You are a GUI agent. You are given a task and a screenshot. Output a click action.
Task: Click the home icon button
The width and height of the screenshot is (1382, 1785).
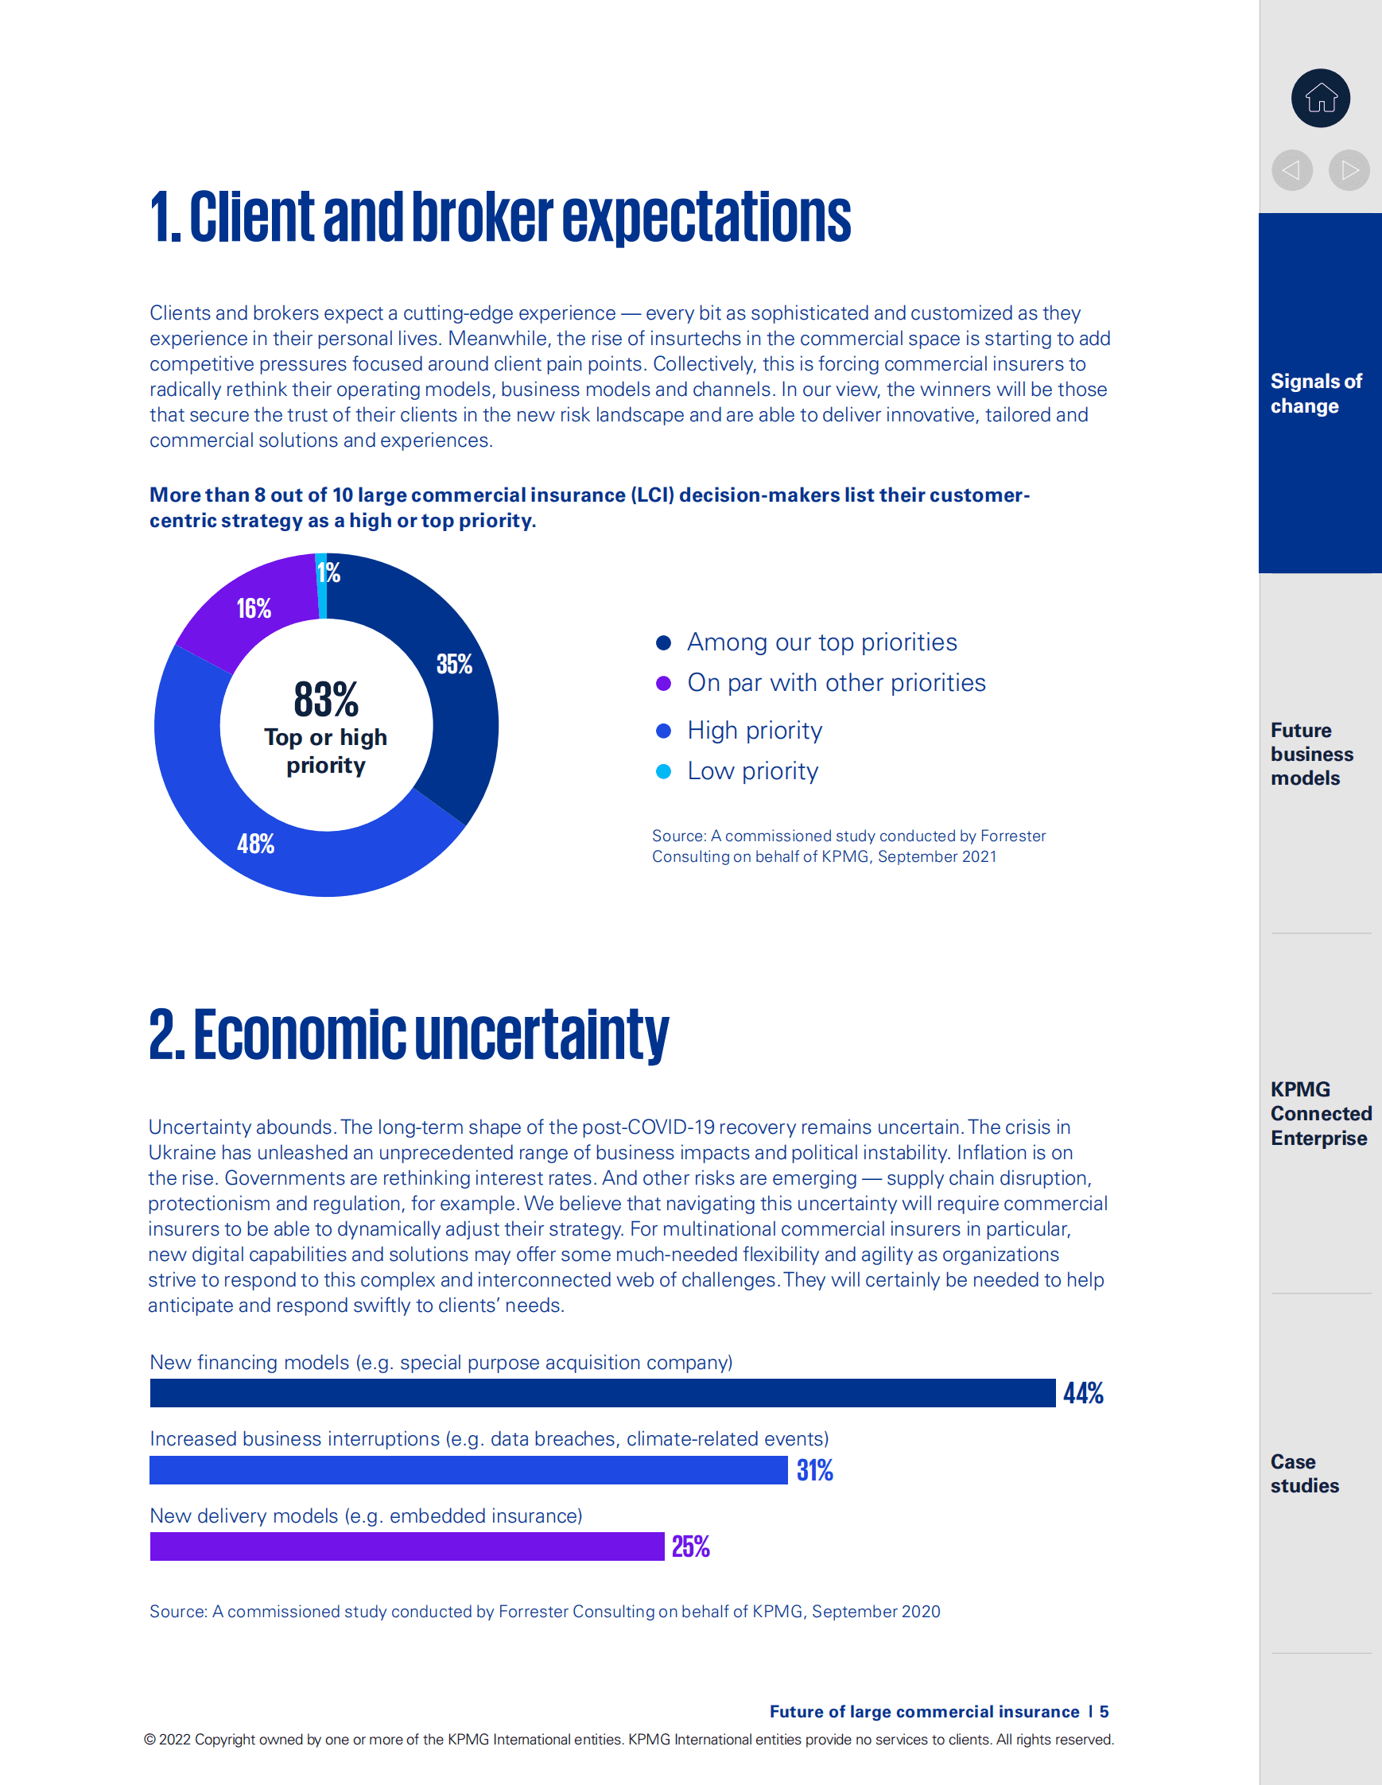tap(1320, 98)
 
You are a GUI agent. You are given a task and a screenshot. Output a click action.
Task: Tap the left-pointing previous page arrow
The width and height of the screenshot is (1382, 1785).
tap(1291, 170)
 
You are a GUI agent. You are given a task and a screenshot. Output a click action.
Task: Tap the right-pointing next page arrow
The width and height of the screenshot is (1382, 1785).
tap(1349, 170)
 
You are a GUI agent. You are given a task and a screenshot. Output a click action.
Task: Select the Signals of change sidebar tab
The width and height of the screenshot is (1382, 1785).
tap(1316, 393)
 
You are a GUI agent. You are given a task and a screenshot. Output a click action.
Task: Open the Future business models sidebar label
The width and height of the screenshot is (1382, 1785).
tap(1311, 754)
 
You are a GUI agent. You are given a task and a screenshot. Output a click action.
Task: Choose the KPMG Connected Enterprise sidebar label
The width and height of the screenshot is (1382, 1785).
tap(1320, 1113)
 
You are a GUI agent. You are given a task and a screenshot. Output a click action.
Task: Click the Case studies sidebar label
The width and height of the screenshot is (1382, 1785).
tap(1304, 1473)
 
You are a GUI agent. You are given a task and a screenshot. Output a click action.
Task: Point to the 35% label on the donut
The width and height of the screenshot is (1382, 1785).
tap(454, 664)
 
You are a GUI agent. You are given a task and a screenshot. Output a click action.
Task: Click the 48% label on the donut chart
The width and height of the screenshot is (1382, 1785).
tap(256, 844)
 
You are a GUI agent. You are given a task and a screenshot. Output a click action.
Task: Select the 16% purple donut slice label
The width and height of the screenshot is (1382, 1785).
tap(254, 608)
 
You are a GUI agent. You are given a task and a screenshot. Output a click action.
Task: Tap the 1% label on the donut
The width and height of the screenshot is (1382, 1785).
tap(328, 572)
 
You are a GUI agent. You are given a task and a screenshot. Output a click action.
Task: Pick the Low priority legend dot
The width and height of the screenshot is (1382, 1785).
tap(664, 770)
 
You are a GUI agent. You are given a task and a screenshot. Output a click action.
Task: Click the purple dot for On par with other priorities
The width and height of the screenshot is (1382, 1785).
tap(664, 682)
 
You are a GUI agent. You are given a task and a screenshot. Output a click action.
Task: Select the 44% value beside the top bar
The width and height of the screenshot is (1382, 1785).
tap(1083, 1393)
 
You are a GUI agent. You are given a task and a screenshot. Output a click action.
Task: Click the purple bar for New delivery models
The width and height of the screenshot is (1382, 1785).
tap(406, 1546)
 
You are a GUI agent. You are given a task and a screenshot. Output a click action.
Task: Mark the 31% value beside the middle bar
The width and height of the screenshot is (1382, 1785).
tap(815, 1469)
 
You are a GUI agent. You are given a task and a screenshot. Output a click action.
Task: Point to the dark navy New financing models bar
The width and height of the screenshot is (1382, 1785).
tap(602, 1393)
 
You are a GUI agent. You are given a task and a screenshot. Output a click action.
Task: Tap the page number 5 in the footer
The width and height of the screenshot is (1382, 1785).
tap(1104, 1711)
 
